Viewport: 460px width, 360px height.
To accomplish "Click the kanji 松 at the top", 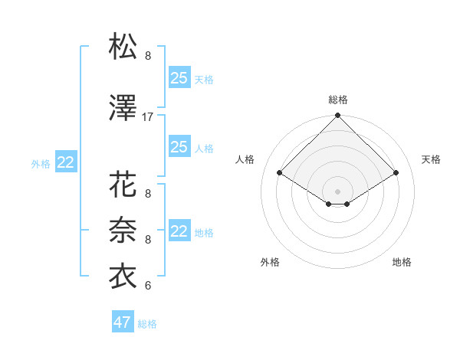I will coord(123,47).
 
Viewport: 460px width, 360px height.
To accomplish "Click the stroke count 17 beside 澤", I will coord(148,117).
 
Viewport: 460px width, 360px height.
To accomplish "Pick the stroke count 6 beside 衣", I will coord(148,286).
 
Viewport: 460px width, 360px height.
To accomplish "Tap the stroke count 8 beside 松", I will coord(148,56).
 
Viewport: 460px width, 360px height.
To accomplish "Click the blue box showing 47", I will coord(123,322).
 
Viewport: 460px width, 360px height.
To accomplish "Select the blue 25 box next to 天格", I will coord(179,77).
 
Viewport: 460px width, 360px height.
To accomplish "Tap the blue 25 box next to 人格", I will coord(179,147).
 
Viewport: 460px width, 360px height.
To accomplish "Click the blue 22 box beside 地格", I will coord(179,231).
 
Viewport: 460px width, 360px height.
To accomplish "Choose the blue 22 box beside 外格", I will coord(65,162).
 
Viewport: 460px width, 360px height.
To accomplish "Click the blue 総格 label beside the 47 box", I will coord(147,324).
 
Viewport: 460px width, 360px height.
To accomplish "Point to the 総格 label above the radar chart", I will coord(337,100).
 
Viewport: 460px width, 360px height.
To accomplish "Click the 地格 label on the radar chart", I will coord(402,262).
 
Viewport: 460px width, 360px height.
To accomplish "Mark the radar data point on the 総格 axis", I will coord(337,116).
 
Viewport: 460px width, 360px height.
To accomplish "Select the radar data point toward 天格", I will coord(396,173).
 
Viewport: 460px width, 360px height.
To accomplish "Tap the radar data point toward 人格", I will coord(280,173).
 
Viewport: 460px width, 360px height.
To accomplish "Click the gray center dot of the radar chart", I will coord(337,190).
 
